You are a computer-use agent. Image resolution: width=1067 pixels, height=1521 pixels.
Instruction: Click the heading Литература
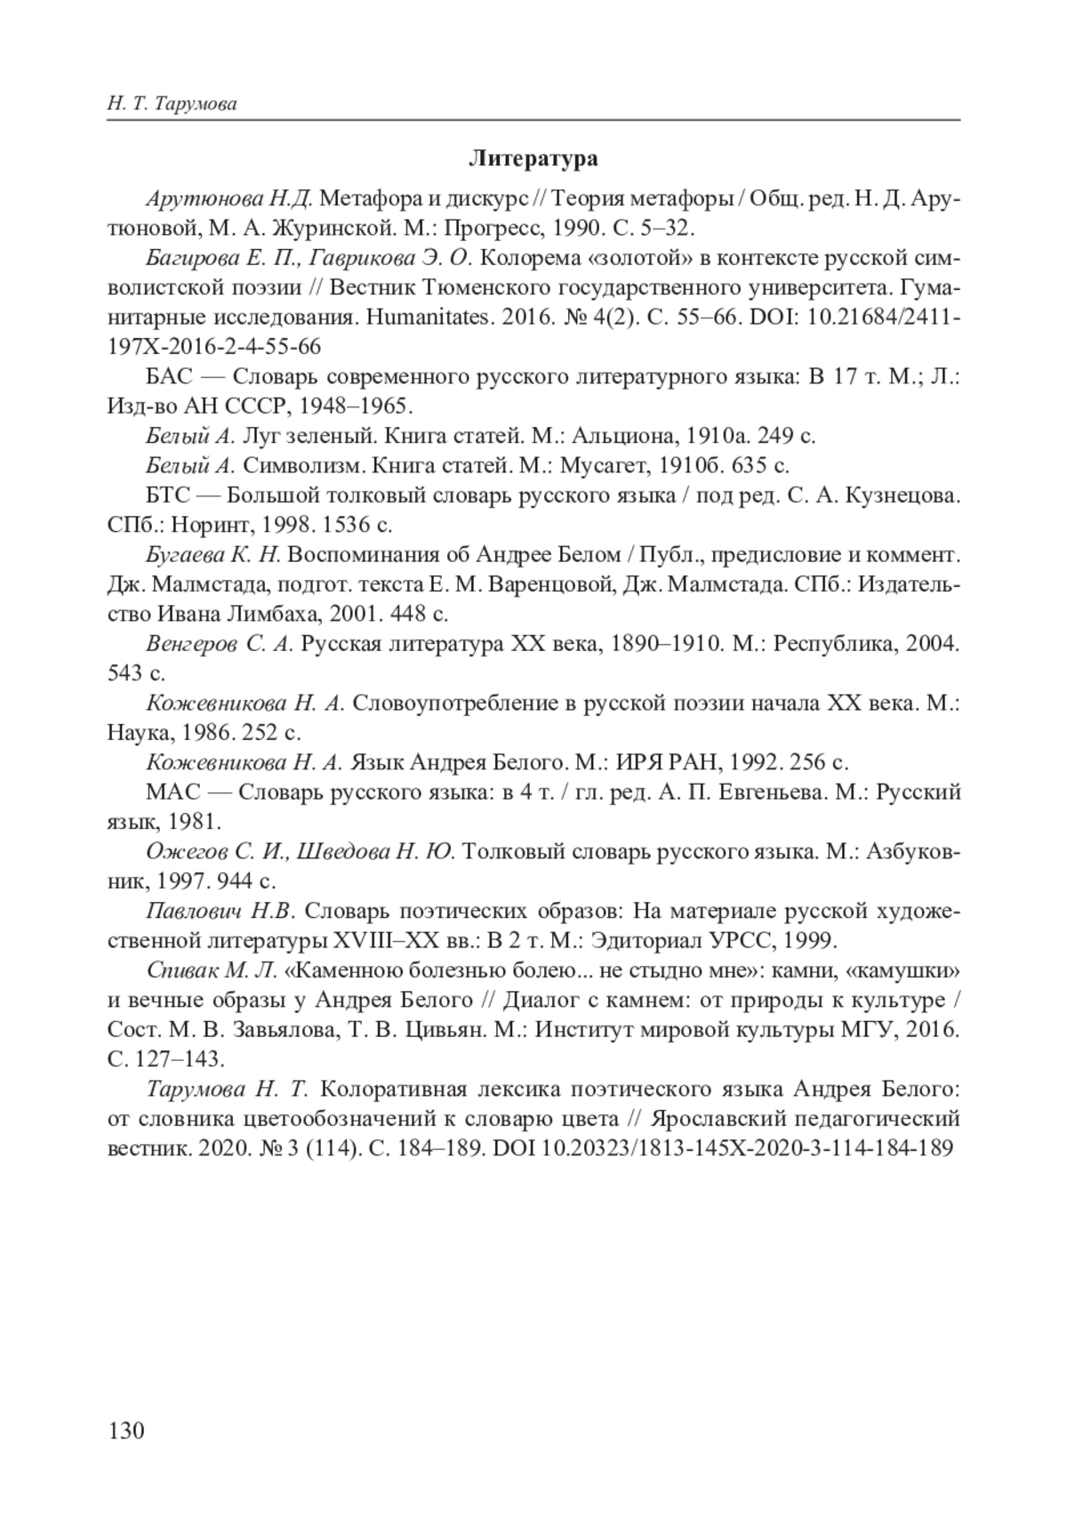click(533, 159)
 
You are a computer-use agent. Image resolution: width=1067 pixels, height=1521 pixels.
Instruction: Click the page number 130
click(125, 1430)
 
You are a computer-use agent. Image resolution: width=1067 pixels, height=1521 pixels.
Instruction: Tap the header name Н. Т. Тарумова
click(172, 104)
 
